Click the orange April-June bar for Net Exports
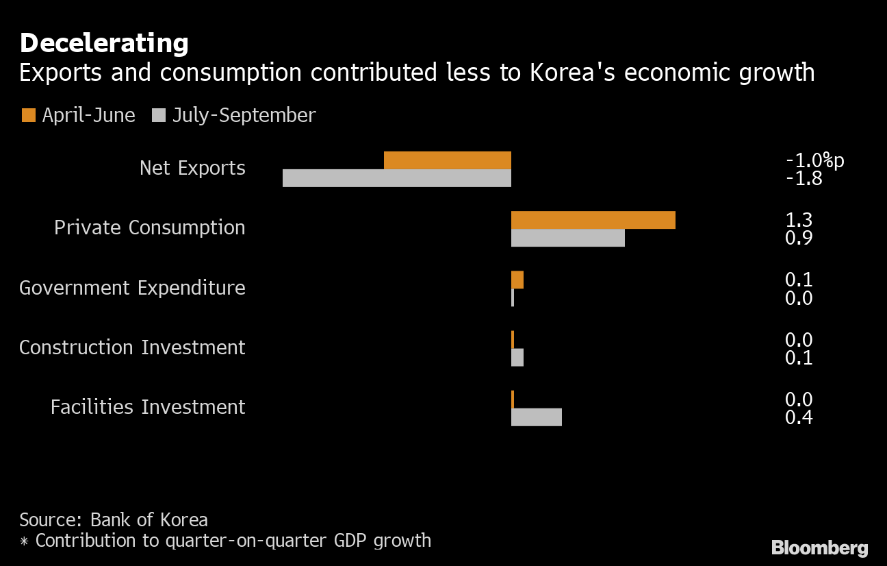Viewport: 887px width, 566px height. tap(448, 160)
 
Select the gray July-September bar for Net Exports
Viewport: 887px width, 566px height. tap(397, 178)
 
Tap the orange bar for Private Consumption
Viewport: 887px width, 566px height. tap(593, 220)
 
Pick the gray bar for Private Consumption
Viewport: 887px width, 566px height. tap(567, 238)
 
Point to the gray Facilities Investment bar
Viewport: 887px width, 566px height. tap(536, 417)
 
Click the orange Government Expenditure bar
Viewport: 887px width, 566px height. tap(517, 280)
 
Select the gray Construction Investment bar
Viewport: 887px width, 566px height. tap(517, 357)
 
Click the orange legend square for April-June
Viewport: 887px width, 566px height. tap(28, 115)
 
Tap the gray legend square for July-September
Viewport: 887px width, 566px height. tap(159, 115)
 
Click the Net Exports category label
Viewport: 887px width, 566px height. tap(192, 168)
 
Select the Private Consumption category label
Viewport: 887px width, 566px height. tap(149, 227)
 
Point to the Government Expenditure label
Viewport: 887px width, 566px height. tap(132, 288)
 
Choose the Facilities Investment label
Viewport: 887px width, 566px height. tap(148, 407)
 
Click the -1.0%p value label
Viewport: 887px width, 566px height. tap(815, 161)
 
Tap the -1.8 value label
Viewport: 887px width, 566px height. tap(804, 179)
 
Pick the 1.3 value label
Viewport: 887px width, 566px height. tap(799, 221)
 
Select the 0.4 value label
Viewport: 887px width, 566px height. tap(799, 417)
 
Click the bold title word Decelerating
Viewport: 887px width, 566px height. tap(104, 43)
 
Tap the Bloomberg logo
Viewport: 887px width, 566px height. tap(819, 547)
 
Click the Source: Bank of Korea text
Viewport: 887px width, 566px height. tap(114, 519)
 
